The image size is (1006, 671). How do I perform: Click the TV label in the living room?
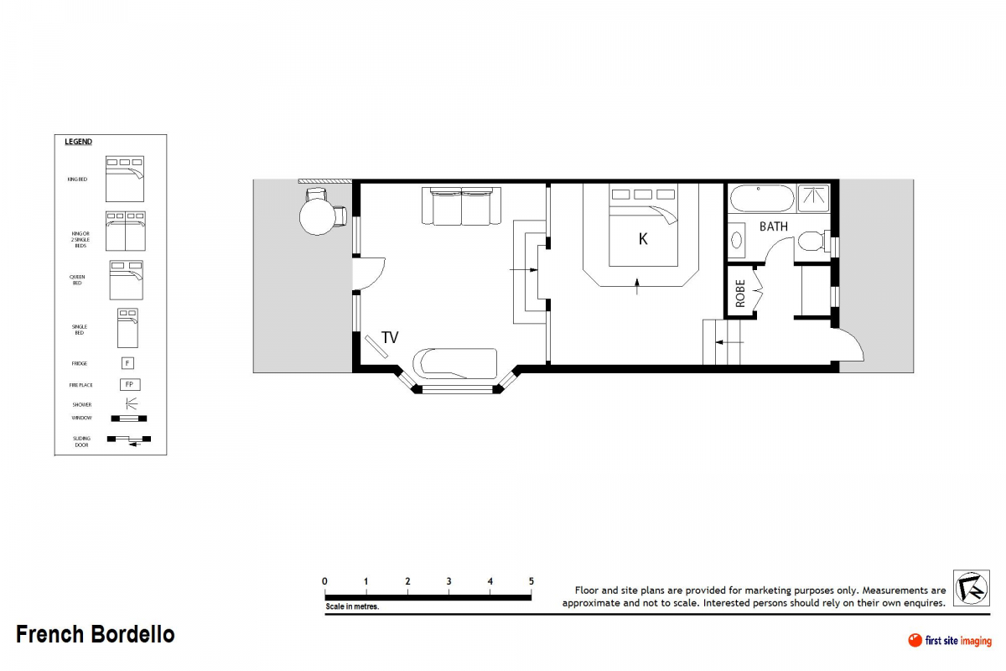390,337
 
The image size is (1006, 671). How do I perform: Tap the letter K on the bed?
643,239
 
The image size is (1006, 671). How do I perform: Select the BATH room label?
773,226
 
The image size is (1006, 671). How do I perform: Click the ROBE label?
740,294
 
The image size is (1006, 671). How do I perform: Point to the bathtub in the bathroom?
761,199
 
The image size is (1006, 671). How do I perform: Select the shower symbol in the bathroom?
813,198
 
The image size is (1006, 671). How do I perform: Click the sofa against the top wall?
461,207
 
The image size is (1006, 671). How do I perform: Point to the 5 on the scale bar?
531,581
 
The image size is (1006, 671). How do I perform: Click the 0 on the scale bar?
325,581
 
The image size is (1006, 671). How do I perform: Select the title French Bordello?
96,634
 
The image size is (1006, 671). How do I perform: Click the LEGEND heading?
79,142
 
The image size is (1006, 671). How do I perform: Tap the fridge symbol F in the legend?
128,363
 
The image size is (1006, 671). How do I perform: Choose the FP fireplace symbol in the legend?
129,385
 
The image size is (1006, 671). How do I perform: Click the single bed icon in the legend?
127,328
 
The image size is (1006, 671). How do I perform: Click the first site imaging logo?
949,641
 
